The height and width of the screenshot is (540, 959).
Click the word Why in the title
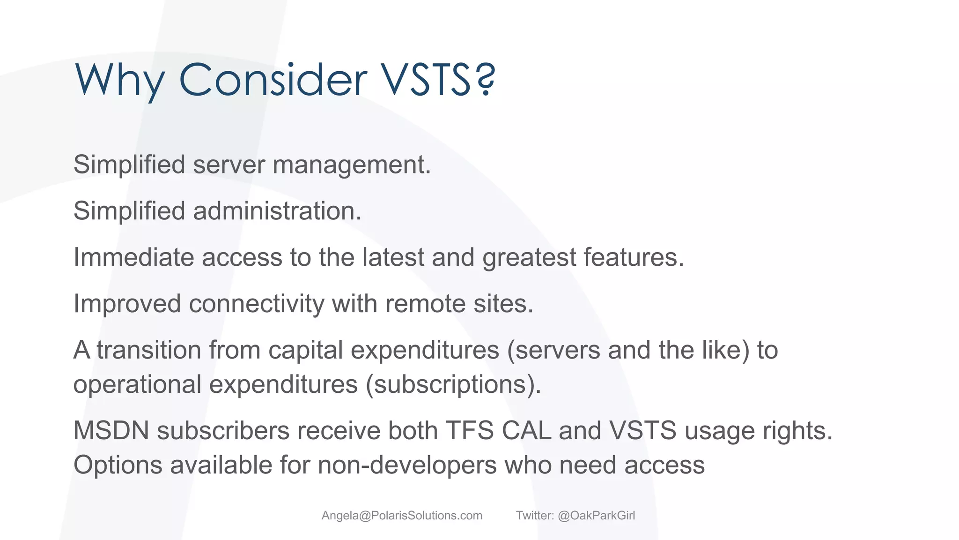(x=119, y=81)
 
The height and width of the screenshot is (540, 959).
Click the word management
(x=351, y=165)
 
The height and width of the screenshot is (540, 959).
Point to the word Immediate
(x=133, y=257)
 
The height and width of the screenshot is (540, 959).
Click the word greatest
(x=529, y=257)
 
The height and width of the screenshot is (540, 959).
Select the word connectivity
(x=256, y=304)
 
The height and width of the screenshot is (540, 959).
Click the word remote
(x=425, y=304)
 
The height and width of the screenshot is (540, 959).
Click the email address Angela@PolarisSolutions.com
(x=402, y=516)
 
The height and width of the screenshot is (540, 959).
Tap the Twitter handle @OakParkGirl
(x=596, y=516)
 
